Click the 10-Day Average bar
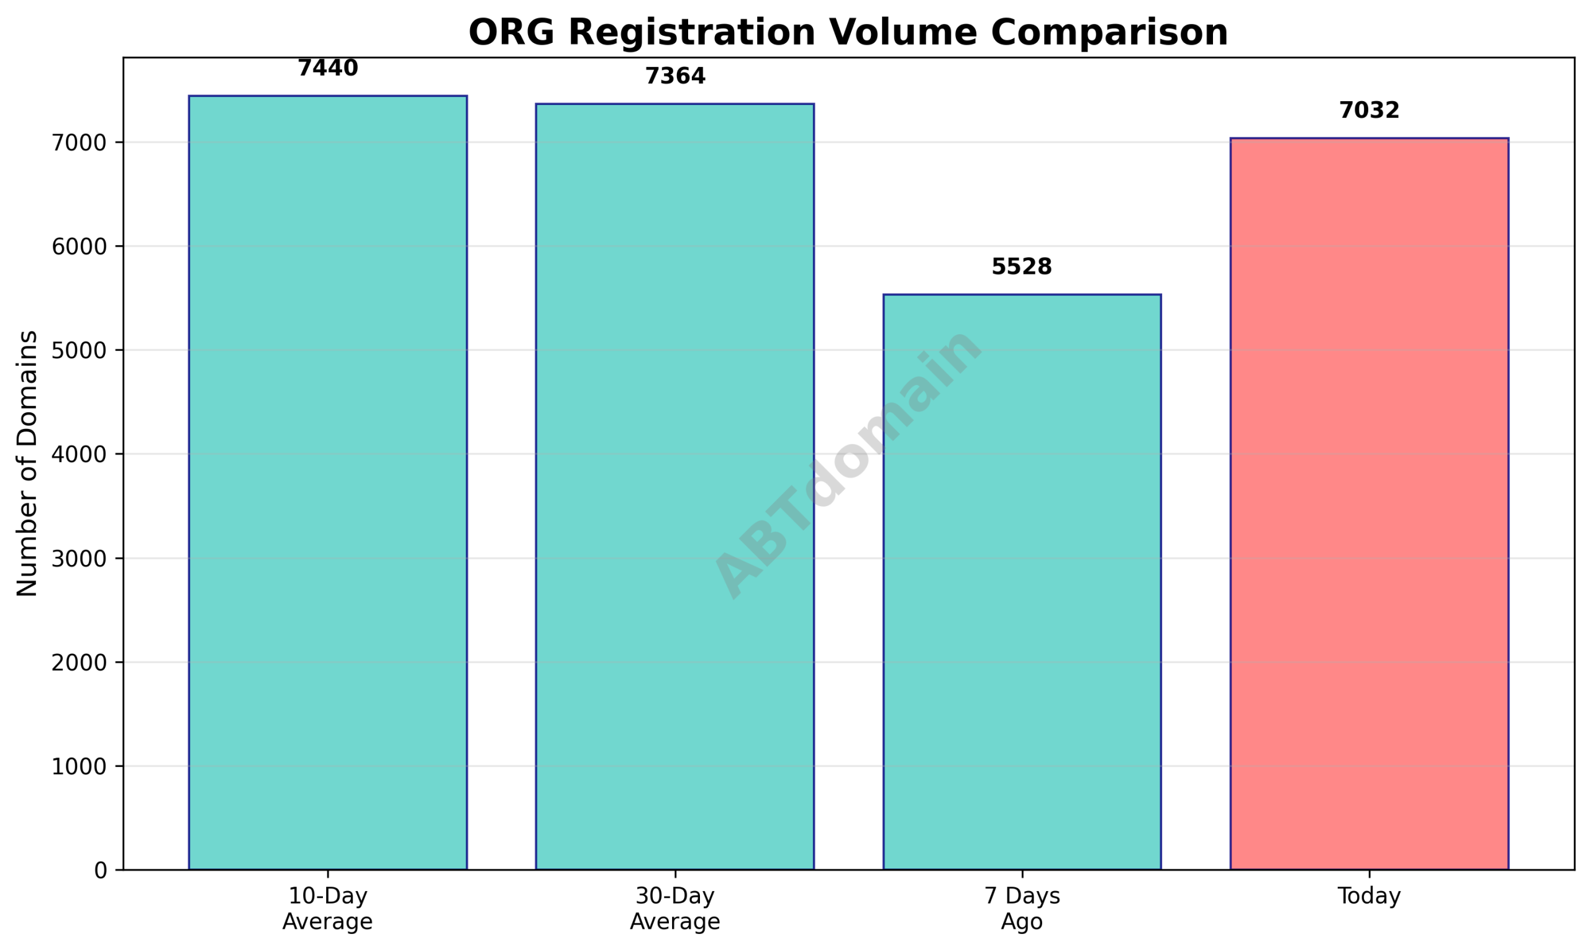[327, 482]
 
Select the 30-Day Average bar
[675, 487]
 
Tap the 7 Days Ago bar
[1021, 582]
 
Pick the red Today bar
[1369, 504]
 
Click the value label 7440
[328, 68]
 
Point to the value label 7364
[675, 77]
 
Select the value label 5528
[1021, 268]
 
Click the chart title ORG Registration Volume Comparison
[848, 32]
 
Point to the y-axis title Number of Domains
[27, 463]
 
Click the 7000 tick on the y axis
[79, 143]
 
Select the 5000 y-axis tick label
[79, 351]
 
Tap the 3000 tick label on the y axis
[79, 559]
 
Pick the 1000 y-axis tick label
[79, 767]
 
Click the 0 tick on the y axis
[101, 871]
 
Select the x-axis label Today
[1369, 897]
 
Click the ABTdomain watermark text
[848, 463]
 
